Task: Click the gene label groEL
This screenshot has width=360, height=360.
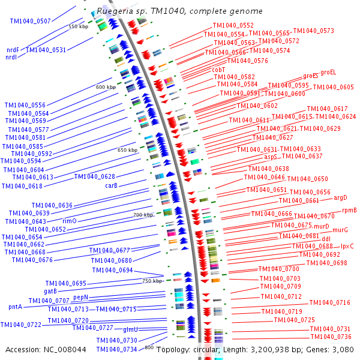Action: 329,73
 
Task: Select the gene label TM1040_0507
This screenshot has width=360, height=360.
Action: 31,22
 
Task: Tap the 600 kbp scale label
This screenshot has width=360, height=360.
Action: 106,88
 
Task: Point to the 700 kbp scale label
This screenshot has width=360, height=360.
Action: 143,215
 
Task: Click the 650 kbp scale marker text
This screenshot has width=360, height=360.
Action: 127,150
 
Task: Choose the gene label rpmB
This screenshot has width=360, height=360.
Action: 349,211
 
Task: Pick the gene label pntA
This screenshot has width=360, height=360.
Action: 16,307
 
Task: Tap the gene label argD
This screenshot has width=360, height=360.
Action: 340,197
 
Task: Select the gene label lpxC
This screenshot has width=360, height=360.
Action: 347,246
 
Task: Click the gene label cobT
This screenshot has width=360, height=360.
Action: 218,70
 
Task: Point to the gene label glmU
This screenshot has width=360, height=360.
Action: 131,330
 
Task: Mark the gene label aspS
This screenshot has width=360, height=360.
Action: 271,157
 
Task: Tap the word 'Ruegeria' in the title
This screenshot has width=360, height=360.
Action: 113,11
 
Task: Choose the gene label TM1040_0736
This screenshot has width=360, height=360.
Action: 330,337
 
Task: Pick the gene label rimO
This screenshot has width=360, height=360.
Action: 70,221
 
